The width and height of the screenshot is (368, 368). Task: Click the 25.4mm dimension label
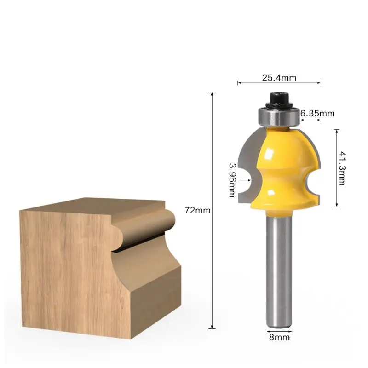click(x=279, y=78)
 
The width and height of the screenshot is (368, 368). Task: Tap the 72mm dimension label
click(x=197, y=211)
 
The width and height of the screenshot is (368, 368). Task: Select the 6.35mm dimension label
click(x=317, y=113)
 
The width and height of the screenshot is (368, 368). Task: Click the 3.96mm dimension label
click(x=232, y=180)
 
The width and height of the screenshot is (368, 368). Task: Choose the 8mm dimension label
click(x=279, y=337)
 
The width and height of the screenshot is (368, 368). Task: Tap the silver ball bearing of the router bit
click(x=279, y=117)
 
